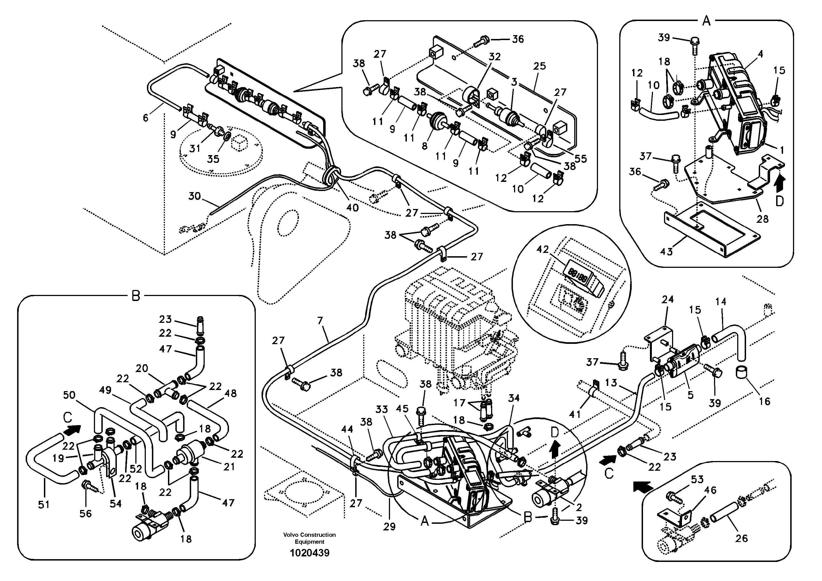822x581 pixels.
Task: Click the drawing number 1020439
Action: point(309,553)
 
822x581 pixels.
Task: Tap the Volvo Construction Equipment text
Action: point(309,538)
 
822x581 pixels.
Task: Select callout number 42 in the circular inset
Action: point(543,249)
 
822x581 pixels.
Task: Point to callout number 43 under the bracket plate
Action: point(666,252)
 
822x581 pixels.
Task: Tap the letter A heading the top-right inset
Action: point(706,22)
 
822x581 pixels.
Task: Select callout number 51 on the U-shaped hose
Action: point(44,505)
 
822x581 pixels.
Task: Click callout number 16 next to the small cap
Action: point(764,401)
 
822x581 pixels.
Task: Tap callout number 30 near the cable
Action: point(194,196)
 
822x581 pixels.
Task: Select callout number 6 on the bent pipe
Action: point(145,117)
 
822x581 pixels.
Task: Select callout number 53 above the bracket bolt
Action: point(697,479)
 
